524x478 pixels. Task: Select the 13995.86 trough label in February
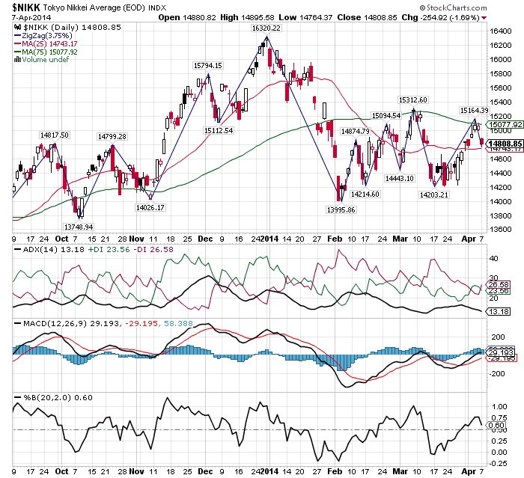click(x=341, y=210)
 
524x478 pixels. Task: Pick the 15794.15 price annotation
click(x=208, y=66)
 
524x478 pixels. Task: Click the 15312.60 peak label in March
click(x=412, y=99)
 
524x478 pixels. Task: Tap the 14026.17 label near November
click(x=150, y=206)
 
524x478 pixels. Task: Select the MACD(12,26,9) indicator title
click(x=42, y=322)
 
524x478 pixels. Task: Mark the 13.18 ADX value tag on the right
click(x=497, y=311)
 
